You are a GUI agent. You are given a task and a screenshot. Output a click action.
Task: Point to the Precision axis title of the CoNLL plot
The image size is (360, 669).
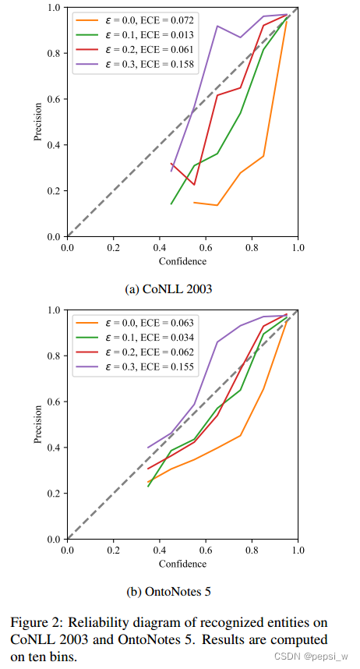[x=37, y=122]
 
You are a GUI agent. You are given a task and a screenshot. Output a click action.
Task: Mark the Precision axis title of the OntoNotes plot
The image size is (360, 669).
[x=37, y=424]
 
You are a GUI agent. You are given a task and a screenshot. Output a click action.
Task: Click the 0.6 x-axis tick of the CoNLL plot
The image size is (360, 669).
[x=206, y=248]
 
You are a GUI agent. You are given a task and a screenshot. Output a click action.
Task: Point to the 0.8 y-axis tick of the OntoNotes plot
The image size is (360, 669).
[x=52, y=356]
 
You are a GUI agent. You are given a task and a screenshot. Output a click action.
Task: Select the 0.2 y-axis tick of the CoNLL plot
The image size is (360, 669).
[x=52, y=191]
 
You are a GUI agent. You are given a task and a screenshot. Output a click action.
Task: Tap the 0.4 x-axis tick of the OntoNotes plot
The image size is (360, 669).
[x=160, y=550]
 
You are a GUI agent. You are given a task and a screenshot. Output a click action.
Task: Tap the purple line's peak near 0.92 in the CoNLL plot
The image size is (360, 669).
[x=217, y=26]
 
